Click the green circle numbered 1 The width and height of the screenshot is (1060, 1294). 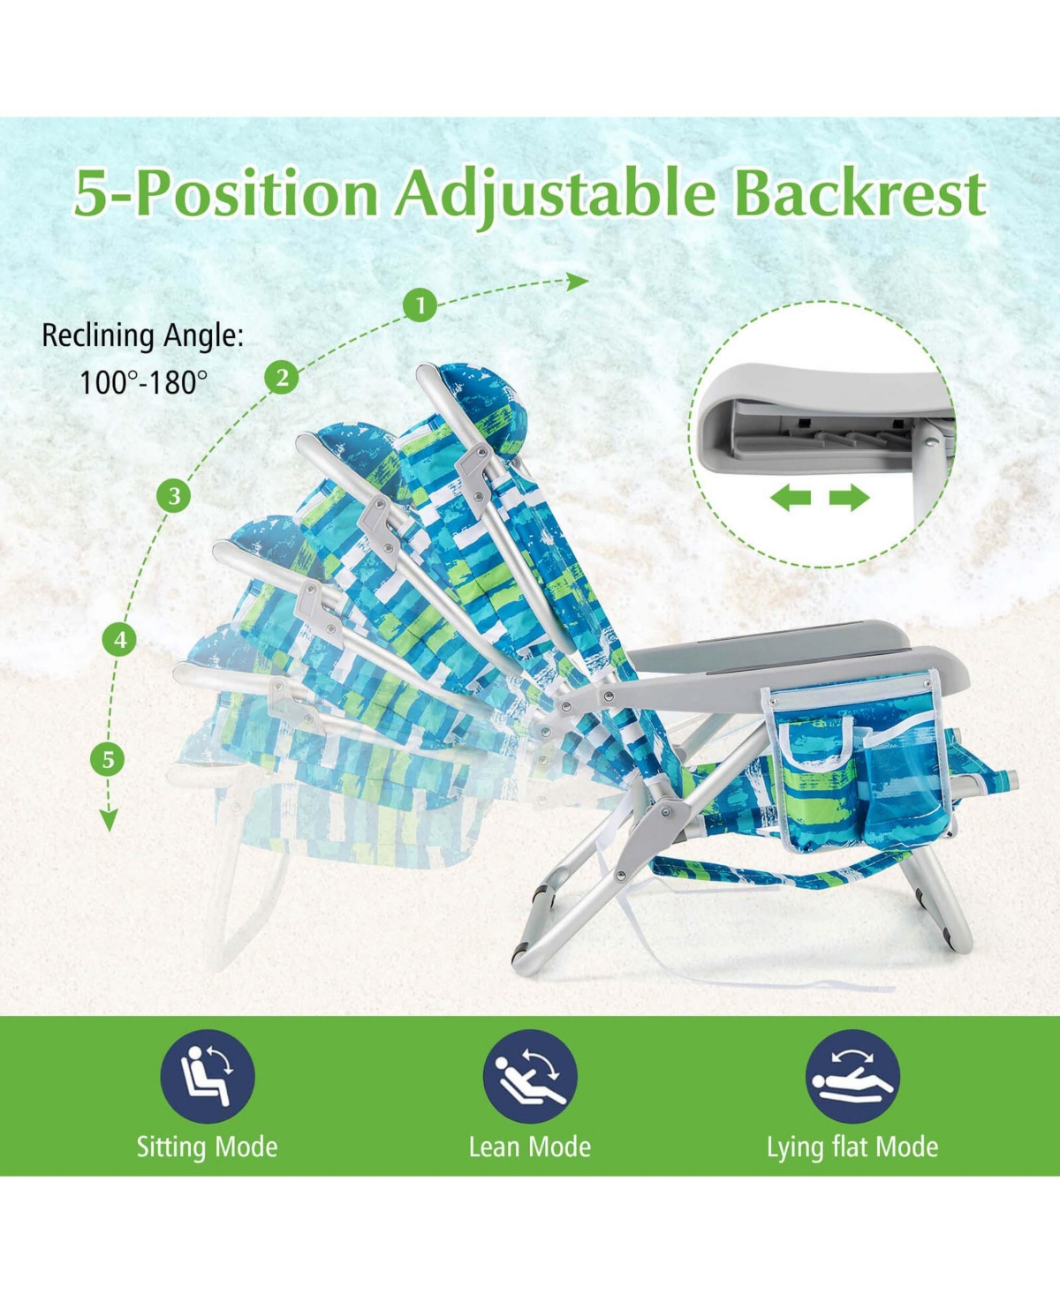420,305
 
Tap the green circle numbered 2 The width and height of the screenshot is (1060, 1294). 282,377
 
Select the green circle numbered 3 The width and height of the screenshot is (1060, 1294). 174,495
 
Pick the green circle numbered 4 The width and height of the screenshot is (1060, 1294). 120,640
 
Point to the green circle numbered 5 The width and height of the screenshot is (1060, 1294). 108,760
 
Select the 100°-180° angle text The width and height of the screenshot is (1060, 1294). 143,382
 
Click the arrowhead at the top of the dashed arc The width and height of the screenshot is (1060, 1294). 578,282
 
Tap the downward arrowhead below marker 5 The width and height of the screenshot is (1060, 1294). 109,820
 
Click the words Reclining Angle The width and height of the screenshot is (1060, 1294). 142,336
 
